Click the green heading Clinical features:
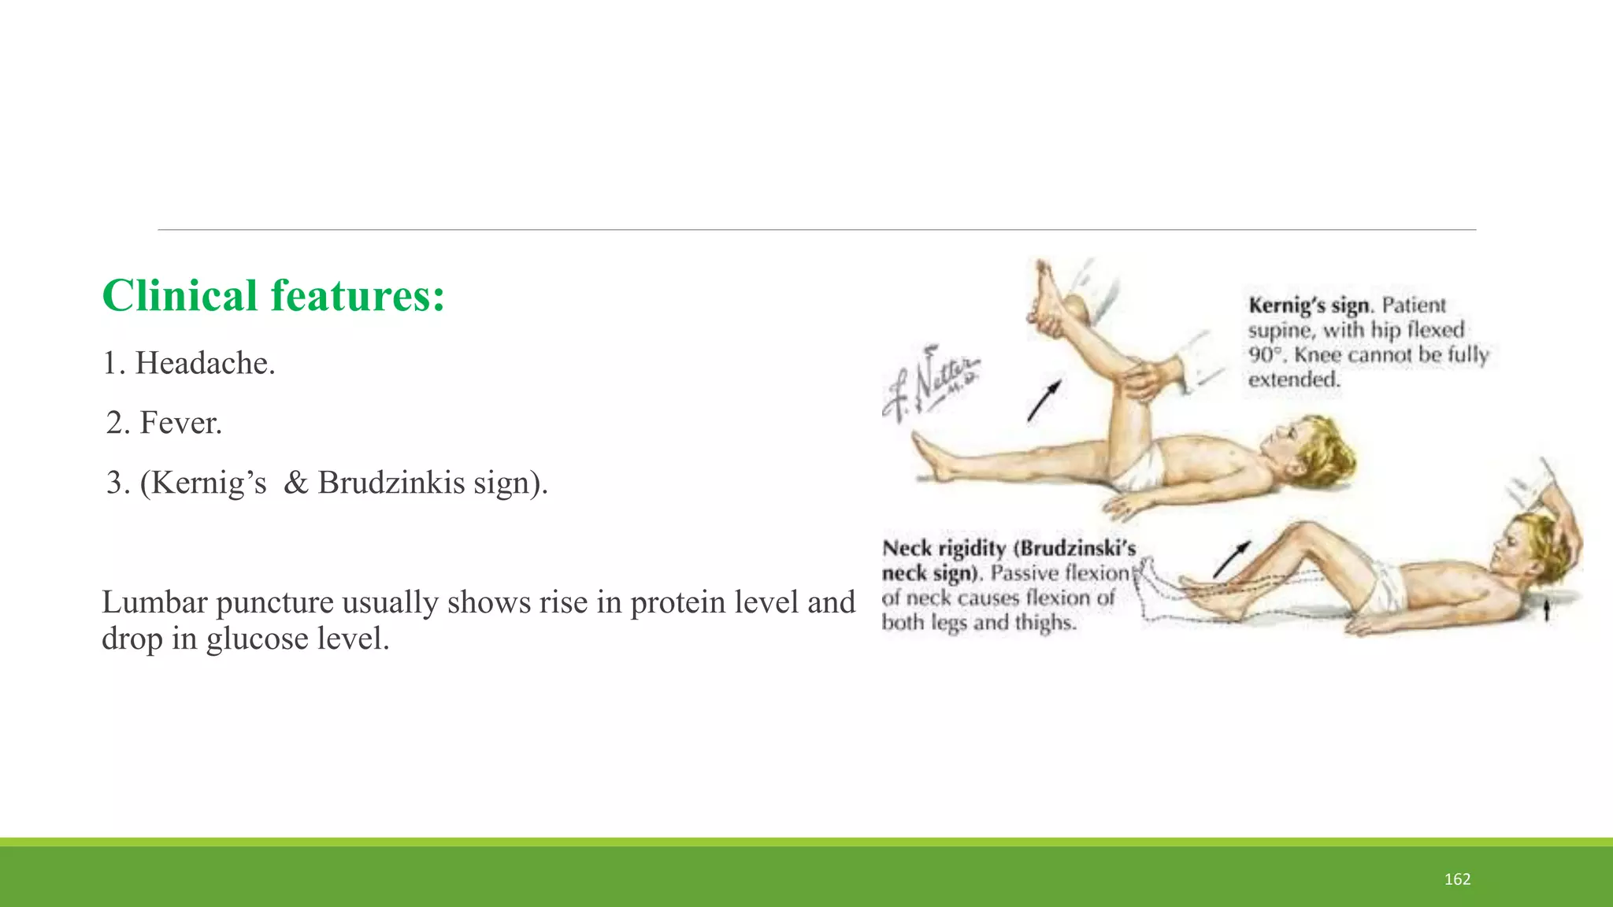273,296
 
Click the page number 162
1457,879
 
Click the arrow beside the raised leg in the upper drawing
1044,400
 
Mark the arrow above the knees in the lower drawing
1231,559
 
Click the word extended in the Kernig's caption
1293,380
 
